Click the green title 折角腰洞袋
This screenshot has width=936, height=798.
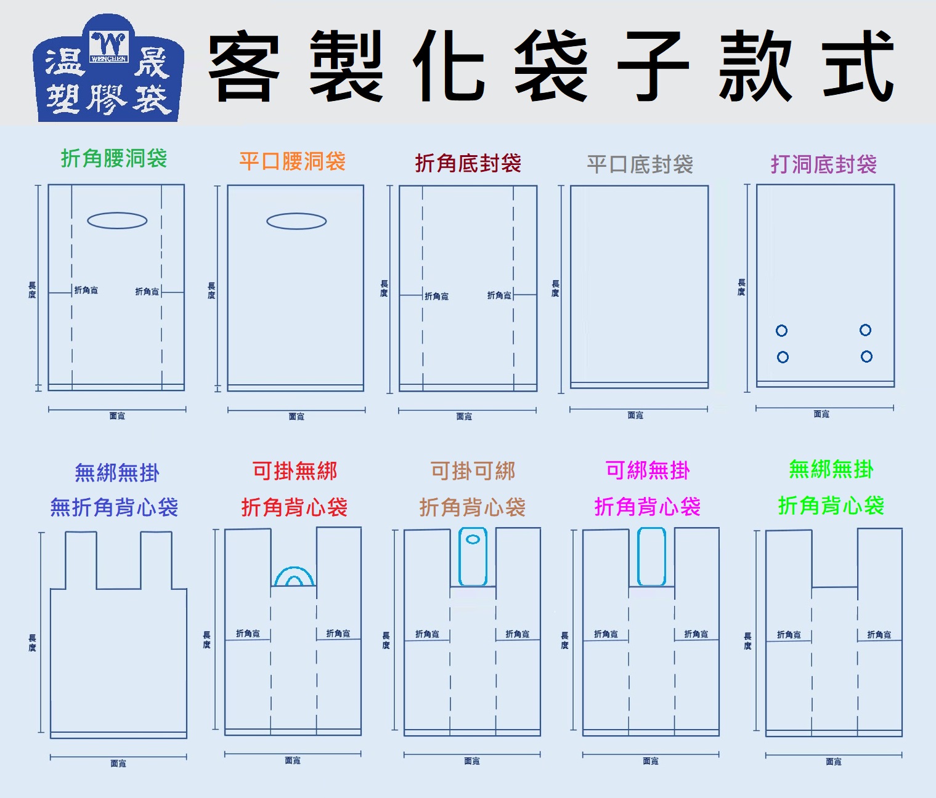coord(114,159)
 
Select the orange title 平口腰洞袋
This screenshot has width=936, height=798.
coord(292,162)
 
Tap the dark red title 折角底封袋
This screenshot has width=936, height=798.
coord(468,164)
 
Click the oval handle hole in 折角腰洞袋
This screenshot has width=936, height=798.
coord(117,220)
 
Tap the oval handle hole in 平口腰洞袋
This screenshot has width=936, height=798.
coord(296,221)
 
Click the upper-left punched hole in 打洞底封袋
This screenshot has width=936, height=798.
coord(781,331)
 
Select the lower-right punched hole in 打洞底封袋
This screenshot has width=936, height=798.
coord(866,357)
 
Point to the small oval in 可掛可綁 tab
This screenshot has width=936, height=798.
coord(473,539)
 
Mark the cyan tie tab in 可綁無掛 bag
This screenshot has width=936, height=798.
coord(651,557)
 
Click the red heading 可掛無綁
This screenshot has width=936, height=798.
coord(295,472)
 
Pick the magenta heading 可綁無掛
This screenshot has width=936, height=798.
coord(648,471)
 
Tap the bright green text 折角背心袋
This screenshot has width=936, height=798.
coord(831,506)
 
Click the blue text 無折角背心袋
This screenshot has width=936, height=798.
coord(114,508)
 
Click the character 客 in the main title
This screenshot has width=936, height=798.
coord(244,66)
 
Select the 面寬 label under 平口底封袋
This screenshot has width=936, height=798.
coord(635,416)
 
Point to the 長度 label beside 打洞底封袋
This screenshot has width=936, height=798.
coord(741,287)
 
